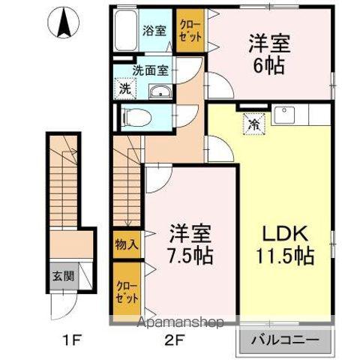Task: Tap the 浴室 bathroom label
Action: pos(155,31)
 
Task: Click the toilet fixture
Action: pos(135,116)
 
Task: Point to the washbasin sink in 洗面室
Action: pos(160,92)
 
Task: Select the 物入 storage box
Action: pos(126,244)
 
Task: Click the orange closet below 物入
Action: pos(126,289)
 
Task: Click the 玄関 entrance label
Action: pos(63,275)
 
